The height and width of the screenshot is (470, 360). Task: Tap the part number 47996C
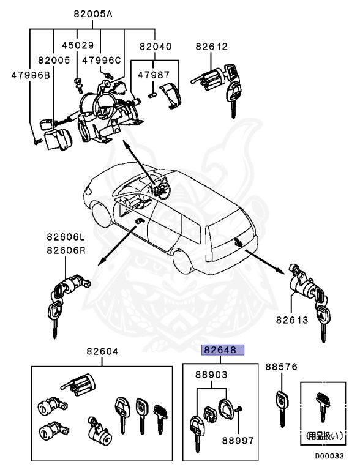coord(102,60)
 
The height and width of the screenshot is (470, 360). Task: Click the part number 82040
coord(156,46)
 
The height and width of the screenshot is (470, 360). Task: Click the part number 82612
coord(212,46)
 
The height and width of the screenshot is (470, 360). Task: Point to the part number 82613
coord(291,319)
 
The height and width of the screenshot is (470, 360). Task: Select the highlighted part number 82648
coord(223,351)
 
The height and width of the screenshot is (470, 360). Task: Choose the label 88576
coord(281,367)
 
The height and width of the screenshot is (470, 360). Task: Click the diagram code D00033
coord(330,455)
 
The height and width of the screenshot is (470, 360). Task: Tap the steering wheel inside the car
coord(161,190)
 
